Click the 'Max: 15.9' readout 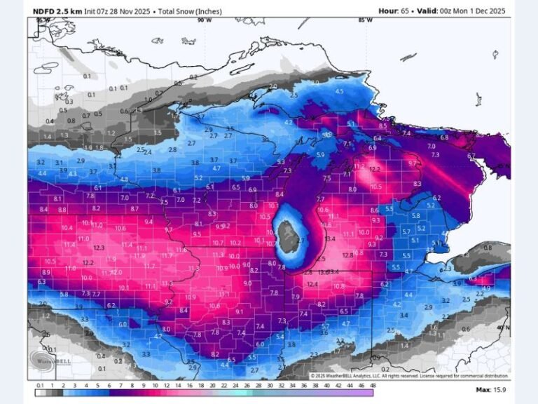tap(492, 389)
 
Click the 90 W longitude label tap(204, 20)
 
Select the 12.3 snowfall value tap(98, 248)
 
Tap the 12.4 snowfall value tap(312, 284)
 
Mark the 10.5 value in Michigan tap(375, 187)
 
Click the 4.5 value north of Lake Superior tap(340, 91)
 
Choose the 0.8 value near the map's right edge tap(488, 248)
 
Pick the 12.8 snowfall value tap(358, 252)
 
